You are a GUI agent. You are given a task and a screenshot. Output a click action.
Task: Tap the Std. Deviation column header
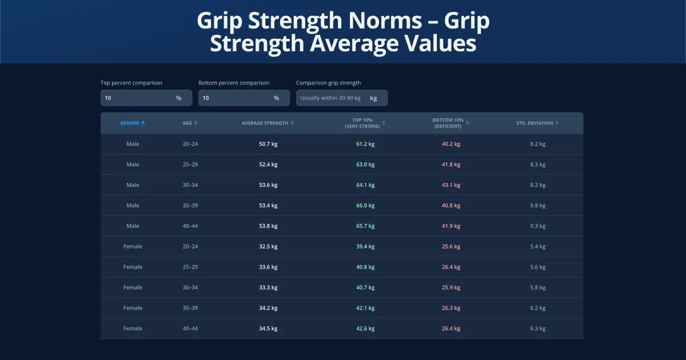[535, 123]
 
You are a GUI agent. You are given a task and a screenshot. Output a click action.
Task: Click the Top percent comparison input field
[139, 98]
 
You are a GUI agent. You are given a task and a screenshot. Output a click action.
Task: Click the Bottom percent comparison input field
[237, 98]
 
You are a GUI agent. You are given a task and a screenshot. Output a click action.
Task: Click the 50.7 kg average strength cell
[268, 144]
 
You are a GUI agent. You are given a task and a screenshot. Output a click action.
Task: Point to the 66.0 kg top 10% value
[365, 206]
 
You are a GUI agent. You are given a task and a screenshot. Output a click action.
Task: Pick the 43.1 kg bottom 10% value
[451, 185]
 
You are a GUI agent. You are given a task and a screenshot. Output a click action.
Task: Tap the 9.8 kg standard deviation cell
[538, 206]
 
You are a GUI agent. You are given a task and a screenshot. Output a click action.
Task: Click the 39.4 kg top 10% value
[365, 247]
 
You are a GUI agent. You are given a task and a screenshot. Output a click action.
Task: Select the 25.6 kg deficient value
[451, 247]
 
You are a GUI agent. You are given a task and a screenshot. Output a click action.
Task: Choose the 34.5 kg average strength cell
[268, 329]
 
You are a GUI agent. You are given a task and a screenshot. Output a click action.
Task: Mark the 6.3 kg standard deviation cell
[538, 329]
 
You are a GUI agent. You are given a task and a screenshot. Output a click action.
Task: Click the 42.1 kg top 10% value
[365, 308]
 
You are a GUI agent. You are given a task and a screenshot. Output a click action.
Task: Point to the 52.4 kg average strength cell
[268, 165]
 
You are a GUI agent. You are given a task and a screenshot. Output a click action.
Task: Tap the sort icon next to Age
[196, 123]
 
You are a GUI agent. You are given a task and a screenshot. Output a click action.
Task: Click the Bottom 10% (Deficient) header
[447, 123]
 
